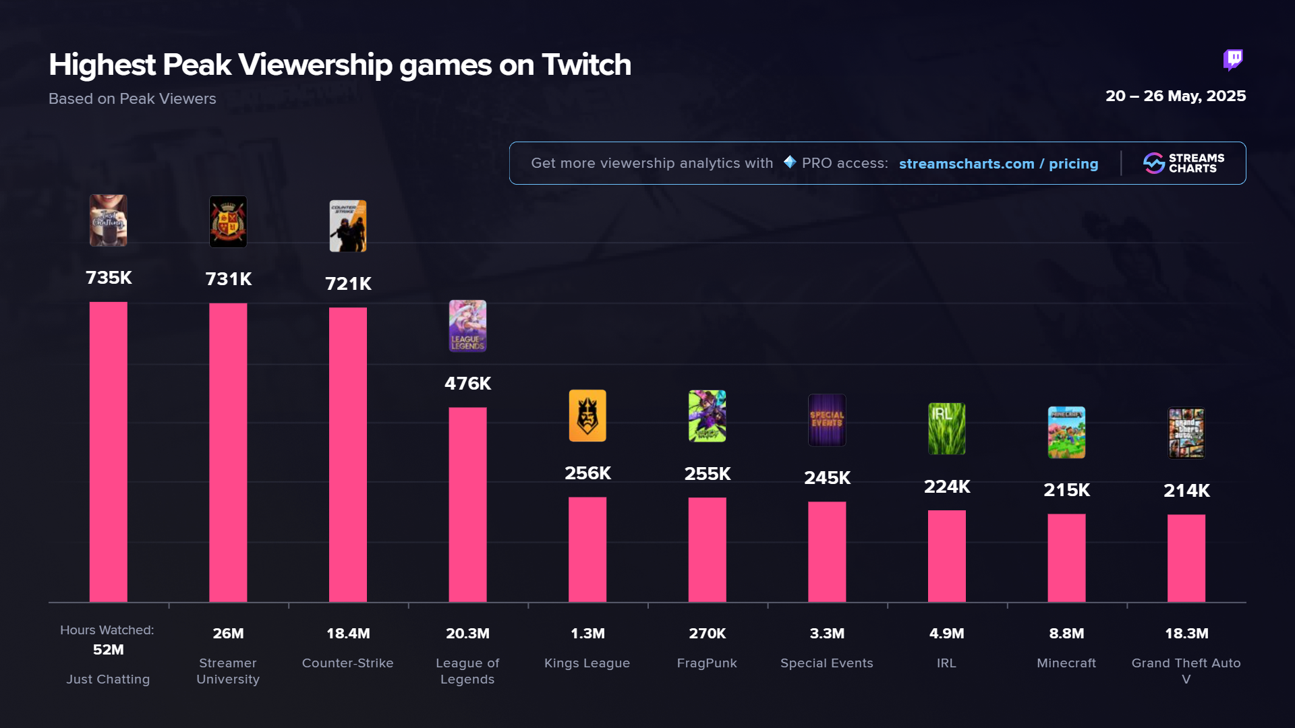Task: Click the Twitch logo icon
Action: coord(1233,60)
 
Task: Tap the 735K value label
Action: coord(109,278)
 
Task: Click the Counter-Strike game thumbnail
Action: coord(348,226)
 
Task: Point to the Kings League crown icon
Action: coord(587,416)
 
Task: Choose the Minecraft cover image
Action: coord(1066,432)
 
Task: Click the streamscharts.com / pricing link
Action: coord(998,164)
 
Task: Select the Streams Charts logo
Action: coord(1184,163)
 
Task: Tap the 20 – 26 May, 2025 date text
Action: coord(1175,96)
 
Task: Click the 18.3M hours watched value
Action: coord(1186,634)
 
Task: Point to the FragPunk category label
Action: coord(707,663)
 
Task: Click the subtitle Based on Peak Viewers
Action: coord(132,99)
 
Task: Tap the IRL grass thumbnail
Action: coord(947,429)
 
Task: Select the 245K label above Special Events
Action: coord(827,478)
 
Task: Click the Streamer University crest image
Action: coord(228,222)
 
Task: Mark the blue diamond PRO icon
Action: coord(790,162)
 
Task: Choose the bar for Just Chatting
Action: coord(109,452)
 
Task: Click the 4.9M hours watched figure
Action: coord(947,634)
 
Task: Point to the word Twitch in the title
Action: coord(586,65)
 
